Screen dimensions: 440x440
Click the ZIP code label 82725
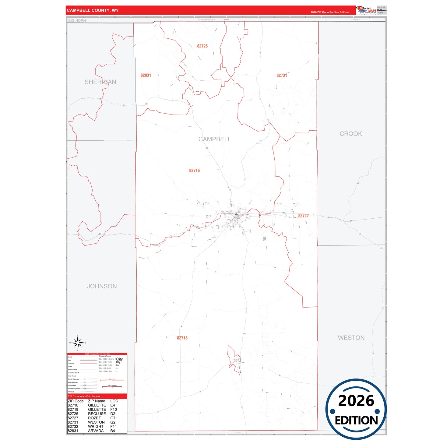[202, 46]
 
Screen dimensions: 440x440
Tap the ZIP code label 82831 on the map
[146, 75]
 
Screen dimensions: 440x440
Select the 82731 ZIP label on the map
[282, 75]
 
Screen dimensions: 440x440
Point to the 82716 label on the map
[194, 171]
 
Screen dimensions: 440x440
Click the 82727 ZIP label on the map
[303, 216]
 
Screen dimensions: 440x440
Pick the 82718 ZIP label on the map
[182, 338]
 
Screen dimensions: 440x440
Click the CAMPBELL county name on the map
[215, 139]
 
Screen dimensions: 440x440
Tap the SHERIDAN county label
[100, 82]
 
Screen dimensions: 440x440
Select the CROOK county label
[351, 134]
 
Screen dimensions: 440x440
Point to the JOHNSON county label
[102, 286]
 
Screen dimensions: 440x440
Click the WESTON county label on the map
[351, 338]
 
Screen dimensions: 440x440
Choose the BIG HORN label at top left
[77, 20]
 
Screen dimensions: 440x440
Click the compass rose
[78, 343]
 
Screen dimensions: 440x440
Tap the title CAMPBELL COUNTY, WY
[93, 10]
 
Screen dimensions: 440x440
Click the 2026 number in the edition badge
[356, 401]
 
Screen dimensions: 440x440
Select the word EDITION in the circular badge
[356, 421]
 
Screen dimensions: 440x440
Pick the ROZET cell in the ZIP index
[94, 418]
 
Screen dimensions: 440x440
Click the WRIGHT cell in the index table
[96, 427]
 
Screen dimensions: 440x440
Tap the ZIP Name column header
[97, 401]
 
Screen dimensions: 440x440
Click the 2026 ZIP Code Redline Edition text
[329, 12]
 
